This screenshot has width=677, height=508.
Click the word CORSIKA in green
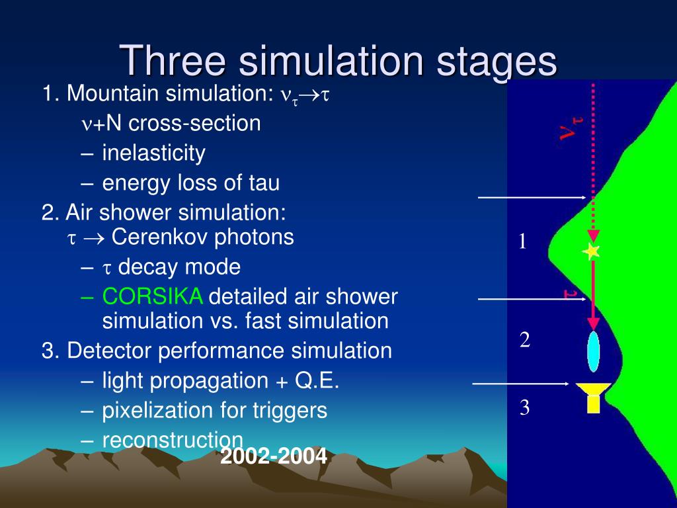click(152, 297)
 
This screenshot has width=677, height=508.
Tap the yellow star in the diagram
click(591, 251)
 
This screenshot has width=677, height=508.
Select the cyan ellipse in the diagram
click(593, 351)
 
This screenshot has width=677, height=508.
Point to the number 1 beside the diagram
click(522, 242)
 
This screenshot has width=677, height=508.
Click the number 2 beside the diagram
click(525, 340)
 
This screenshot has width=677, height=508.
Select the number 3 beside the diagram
click(524, 408)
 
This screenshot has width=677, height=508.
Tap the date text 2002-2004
click(274, 456)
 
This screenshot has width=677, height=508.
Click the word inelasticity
click(153, 153)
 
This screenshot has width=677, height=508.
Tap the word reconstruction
click(173, 439)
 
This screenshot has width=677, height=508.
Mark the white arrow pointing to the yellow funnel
click(520, 384)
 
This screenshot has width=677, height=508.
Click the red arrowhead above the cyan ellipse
click(593, 324)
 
